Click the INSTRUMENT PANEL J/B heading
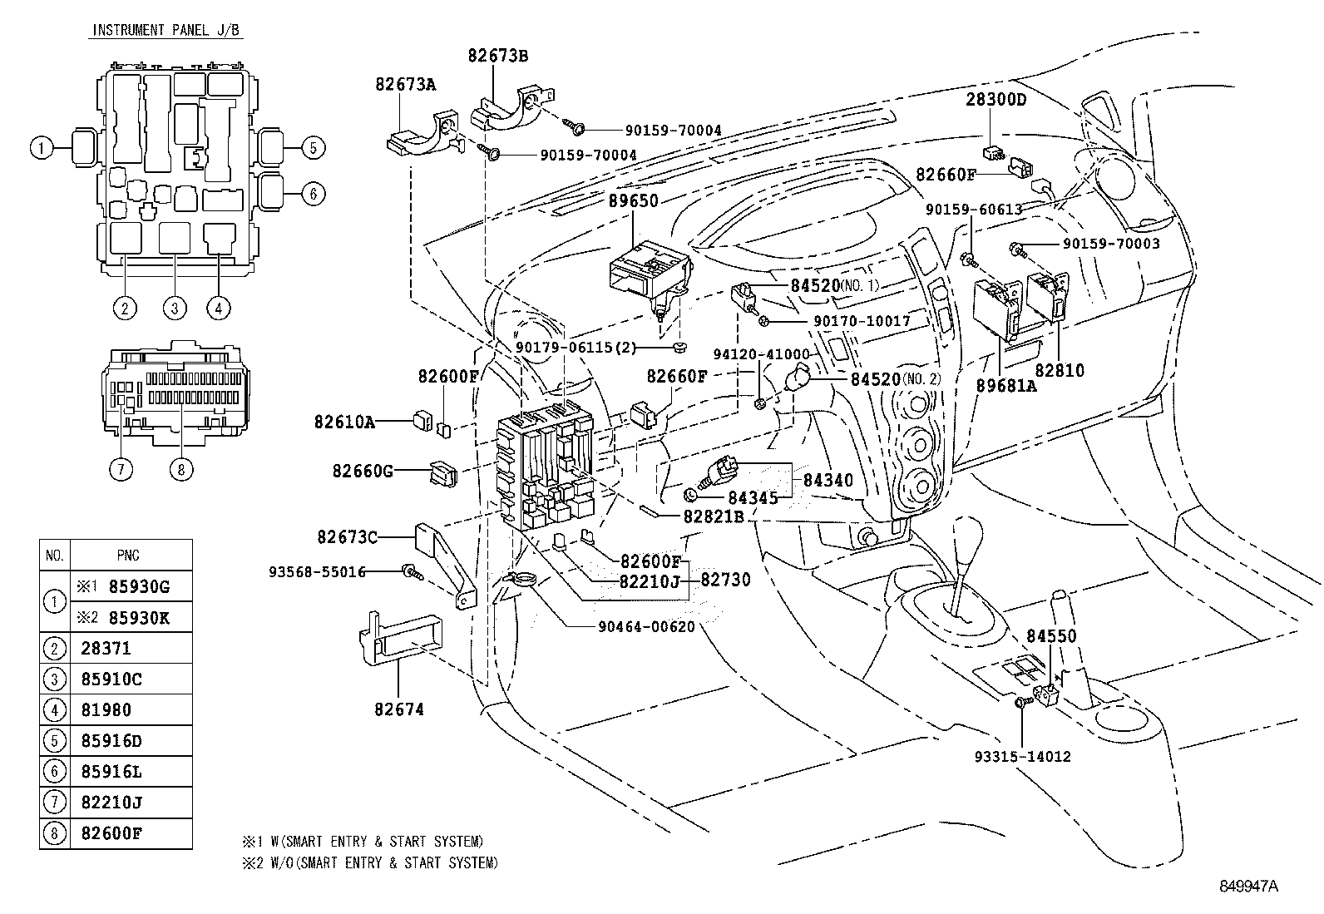click(x=166, y=31)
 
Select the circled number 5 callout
click(x=312, y=149)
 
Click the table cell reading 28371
click(x=106, y=648)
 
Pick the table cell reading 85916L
click(x=111, y=771)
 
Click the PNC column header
click(x=129, y=555)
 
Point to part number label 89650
click(x=633, y=201)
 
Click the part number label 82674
click(x=399, y=709)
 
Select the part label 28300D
click(x=995, y=100)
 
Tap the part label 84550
click(x=1051, y=636)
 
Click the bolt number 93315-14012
click(x=1023, y=757)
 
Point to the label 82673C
click(x=347, y=537)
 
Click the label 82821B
click(x=714, y=516)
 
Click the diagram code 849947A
click(x=1248, y=887)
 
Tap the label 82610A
click(x=344, y=422)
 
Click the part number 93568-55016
click(x=317, y=572)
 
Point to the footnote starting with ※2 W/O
click(x=370, y=862)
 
